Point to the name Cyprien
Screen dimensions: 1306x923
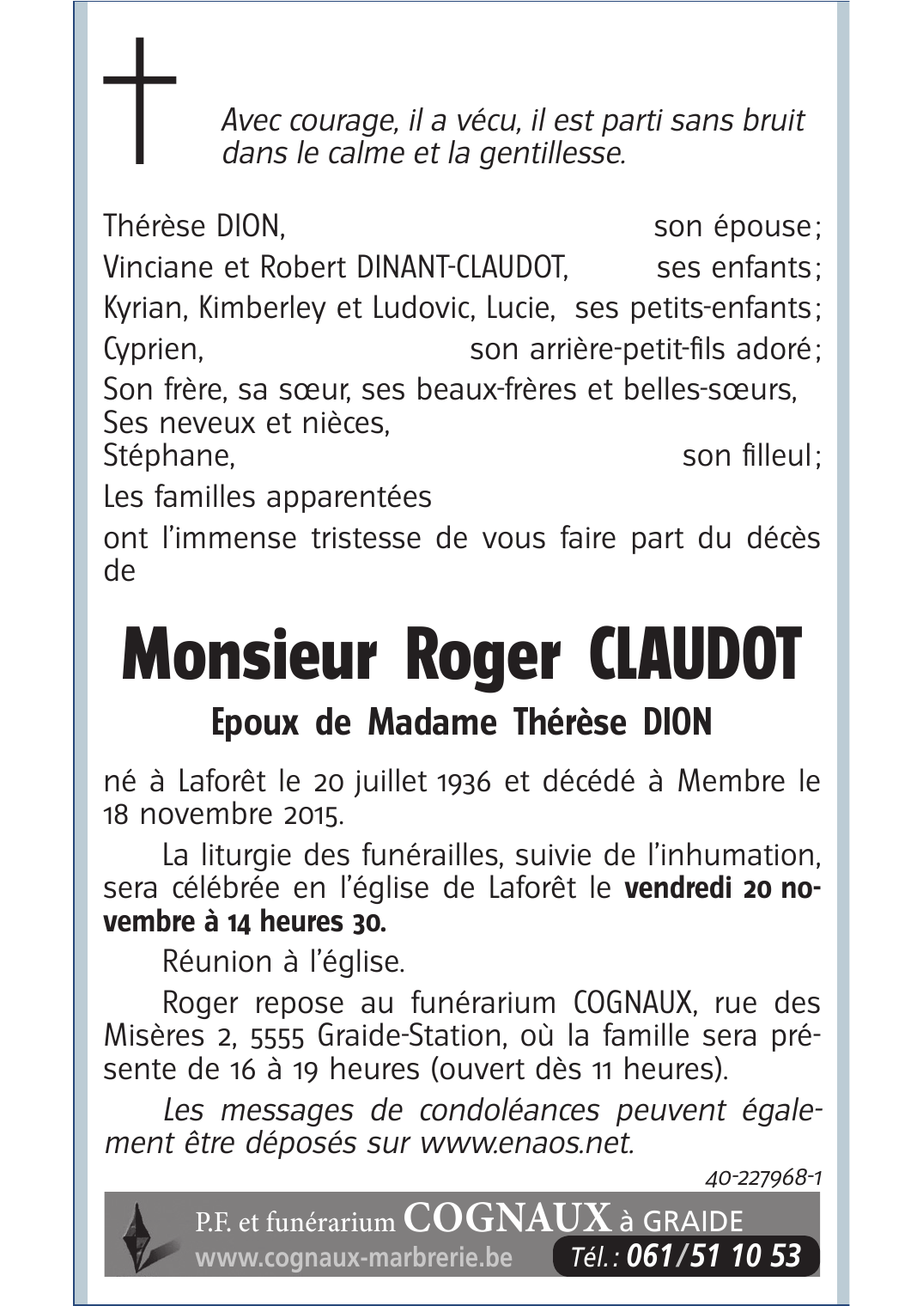click(152, 350)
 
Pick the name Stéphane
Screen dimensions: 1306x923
click(168, 455)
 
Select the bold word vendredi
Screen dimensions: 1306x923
click(678, 888)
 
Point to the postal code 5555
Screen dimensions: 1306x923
click(277, 1036)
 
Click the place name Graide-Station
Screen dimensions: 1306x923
click(410, 1035)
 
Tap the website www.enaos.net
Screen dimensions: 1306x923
click(526, 1144)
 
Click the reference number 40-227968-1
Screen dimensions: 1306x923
click(763, 1178)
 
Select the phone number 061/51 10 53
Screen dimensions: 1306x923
click(714, 1256)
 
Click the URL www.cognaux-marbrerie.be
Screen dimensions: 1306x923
click(354, 1259)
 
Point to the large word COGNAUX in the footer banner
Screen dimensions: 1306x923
click(507, 1218)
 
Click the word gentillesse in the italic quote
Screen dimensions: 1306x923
click(550, 154)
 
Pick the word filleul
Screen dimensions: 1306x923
click(775, 455)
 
